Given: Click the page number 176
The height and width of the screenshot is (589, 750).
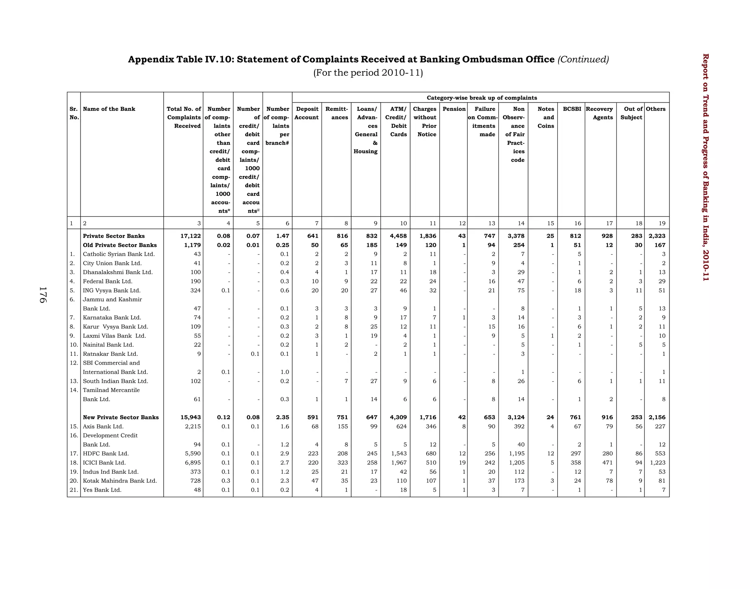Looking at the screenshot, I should tap(42, 295).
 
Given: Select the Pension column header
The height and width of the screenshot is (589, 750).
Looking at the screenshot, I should tap(454, 109).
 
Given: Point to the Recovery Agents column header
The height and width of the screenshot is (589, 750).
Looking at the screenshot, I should tap(600, 113).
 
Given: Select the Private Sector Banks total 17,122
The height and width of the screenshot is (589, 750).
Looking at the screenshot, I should tap(189, 236).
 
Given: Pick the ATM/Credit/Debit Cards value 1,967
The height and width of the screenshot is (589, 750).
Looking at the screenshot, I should tap(398, 463).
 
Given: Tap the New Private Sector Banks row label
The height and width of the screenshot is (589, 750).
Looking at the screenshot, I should tap(120, 417).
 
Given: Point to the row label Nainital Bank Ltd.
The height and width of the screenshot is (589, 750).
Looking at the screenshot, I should tap(108, 345).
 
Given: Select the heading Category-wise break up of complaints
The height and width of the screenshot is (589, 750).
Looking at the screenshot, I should tap(482, 98).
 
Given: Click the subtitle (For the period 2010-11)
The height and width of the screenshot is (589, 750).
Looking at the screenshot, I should tap(368, 73).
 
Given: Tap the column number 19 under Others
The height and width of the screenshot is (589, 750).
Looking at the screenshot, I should tap(662, 223).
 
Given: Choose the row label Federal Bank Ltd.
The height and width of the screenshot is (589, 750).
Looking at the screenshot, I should tap(107, 282).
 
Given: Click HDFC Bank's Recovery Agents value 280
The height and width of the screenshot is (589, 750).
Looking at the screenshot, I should tap(608, 454).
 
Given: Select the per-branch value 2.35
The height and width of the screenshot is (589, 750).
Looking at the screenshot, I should tap(282, 417).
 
